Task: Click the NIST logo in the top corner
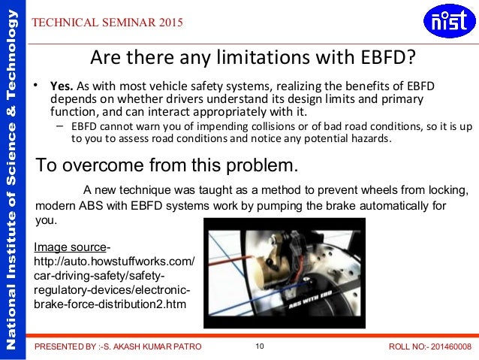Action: pyautogui.click(x=449, y=23)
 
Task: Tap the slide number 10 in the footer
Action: pyautogui.click(x=260, y=346)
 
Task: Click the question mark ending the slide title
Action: pyautogui.click(x=410, y=57)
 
